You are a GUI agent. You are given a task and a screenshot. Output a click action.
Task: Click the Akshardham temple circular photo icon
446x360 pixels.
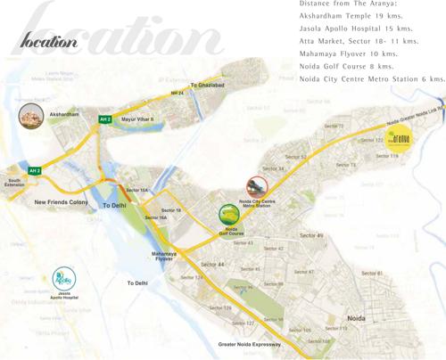[31, 117]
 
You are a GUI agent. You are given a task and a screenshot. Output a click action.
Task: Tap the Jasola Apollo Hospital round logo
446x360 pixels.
[64, 278]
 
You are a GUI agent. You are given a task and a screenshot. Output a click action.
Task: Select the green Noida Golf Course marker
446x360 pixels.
[229, 215]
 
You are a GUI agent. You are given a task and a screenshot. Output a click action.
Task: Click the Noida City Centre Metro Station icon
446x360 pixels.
[257, 186]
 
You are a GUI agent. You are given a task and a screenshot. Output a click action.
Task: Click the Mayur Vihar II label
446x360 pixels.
[137, 119]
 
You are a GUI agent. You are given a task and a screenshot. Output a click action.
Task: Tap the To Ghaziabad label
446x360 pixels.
[208, 85]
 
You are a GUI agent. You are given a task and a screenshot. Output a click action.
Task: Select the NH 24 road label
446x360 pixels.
[177, 93]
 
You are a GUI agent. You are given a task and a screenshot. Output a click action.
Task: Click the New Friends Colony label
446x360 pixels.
[62, 202]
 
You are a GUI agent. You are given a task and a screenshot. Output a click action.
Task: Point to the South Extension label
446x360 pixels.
[15, 183]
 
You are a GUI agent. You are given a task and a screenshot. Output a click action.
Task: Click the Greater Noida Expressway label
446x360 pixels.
[250, 344]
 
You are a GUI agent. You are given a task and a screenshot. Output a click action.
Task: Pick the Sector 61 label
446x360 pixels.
[372, 274]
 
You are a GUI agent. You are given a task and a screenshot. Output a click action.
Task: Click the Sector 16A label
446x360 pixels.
[156, 217]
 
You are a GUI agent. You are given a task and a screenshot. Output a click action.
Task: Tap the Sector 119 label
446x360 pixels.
[387, 156]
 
